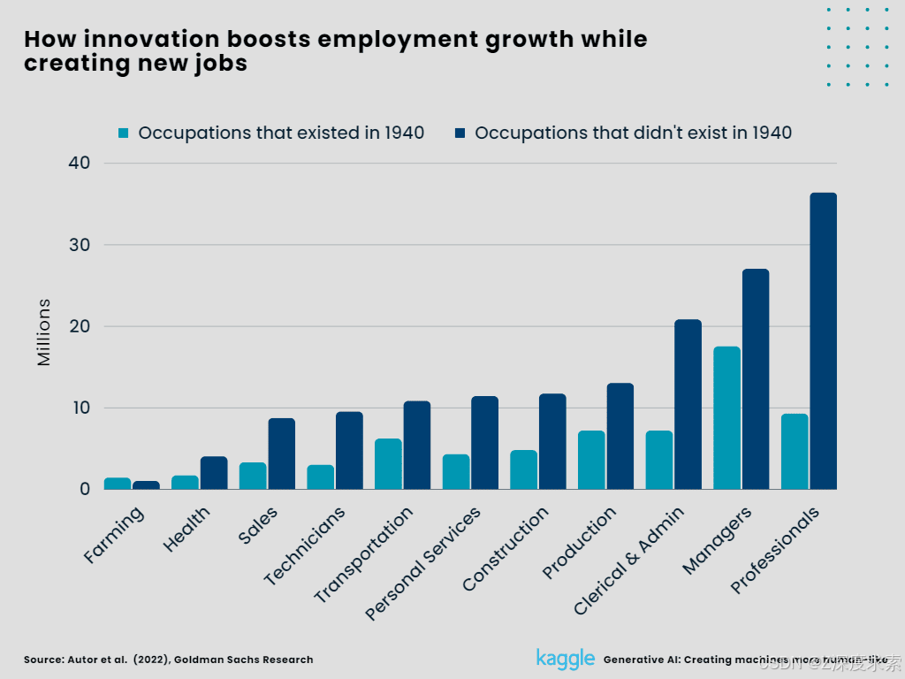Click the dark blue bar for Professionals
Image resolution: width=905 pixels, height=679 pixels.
coord(823,341)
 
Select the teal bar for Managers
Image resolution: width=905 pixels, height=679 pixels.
coord(726,418)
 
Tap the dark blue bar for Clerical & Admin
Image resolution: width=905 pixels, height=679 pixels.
coord(688,404)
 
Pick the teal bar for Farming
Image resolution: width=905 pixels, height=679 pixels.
coord(118,484)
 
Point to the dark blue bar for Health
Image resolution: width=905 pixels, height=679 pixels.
coord(214,473)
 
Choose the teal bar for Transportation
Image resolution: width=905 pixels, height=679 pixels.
coord(388,464)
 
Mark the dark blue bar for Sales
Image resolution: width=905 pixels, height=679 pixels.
coord(282,454)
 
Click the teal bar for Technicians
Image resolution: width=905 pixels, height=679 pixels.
coord(320,477)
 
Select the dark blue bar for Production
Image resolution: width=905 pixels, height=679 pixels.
coord(620,436)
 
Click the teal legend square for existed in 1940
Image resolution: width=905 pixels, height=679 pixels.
coord(124,134)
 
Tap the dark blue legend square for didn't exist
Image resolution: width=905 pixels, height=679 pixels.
coord(460,134)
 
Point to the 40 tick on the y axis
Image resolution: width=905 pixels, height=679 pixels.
coord(79,164)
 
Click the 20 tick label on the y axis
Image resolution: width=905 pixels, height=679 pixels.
coord(79,326)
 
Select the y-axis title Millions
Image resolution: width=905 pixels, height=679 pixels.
coord(44,332)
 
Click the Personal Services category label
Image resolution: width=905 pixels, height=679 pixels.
coord(424,562)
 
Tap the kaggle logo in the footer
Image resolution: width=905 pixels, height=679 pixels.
coord(565,659)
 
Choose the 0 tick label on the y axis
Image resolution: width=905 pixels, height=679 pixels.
coord(85,489)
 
